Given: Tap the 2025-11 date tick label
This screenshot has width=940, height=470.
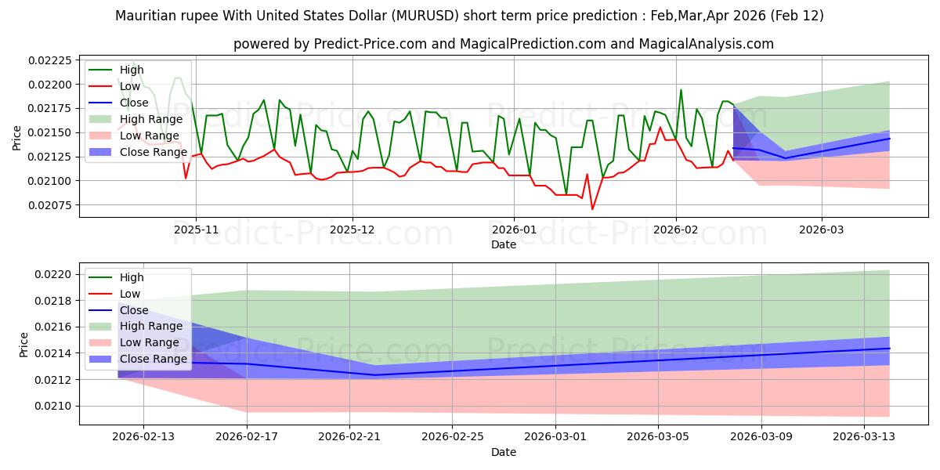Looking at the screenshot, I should coord(196,231).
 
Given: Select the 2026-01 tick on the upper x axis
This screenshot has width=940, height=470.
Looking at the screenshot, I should coord(514,231).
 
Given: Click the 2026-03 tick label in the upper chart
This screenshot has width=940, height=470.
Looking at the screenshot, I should coord(821,231).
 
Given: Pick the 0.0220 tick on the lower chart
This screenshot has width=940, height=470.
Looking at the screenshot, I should coord(55,274).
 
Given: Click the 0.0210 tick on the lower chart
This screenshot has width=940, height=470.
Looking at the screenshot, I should coord(55,406).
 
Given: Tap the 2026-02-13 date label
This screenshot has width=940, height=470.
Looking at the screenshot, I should coord(143,438).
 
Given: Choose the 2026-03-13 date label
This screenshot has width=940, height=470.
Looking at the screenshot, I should coord(864,438).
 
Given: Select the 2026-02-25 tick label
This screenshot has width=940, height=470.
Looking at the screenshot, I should coord(452,438).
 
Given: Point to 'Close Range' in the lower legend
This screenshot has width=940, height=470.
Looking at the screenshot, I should coord(153,359).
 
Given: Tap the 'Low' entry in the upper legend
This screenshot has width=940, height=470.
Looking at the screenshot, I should coord(130,86).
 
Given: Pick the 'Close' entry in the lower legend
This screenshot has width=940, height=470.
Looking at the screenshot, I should coord(133,310).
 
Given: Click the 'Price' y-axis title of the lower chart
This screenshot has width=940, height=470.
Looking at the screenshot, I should coord(23,345).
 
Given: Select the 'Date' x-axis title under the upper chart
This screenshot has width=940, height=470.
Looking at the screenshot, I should coord(503,244).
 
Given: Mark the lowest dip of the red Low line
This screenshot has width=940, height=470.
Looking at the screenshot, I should coord(592,209).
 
